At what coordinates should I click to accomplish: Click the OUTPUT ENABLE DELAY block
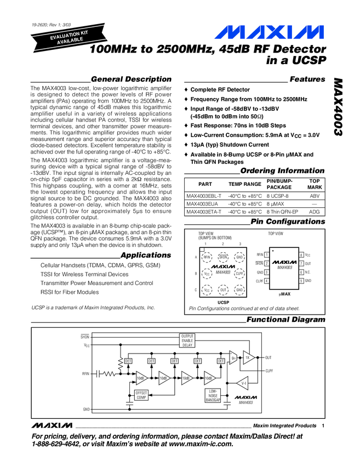point(187,340)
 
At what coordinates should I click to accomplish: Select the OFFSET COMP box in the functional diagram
point(141,395)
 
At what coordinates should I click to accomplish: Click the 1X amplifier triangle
point(247,357)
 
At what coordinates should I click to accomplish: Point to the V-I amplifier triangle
point(244,383)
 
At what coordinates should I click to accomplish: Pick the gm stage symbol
point(233,358)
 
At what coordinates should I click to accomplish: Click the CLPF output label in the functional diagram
point(269,371)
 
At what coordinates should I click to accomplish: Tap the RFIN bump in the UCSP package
point(207,257)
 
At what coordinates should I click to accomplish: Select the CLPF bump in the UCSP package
point(239,273)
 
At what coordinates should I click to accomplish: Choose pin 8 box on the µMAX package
point(301,255)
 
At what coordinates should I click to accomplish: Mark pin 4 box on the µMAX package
point(266,281)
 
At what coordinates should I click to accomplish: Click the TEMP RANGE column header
point(244,184)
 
